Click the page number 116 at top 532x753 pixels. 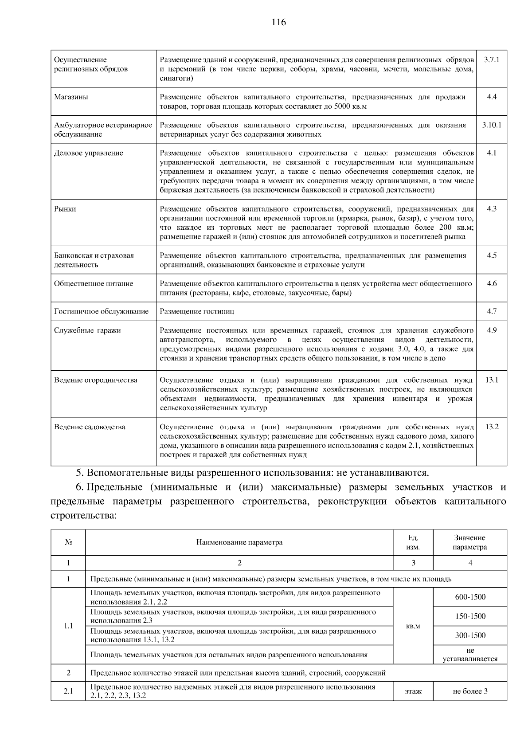279,23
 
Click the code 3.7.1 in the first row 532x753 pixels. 492,59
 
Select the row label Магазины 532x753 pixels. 71,97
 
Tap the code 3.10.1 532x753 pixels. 492,125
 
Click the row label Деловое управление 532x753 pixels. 89,153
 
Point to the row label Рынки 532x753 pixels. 65,209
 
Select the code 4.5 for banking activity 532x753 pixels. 492,255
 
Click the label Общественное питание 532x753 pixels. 94,283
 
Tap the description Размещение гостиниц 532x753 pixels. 197,311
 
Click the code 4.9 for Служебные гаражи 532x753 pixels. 492,330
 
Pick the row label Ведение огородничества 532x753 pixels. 96,380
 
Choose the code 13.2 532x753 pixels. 492,427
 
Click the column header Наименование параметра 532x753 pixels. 239,542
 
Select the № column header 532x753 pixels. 68,542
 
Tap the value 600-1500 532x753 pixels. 470,597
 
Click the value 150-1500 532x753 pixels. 470,616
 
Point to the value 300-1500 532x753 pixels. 470,635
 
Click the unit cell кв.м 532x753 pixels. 413,626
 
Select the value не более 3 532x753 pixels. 470,691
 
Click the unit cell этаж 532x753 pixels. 413,691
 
